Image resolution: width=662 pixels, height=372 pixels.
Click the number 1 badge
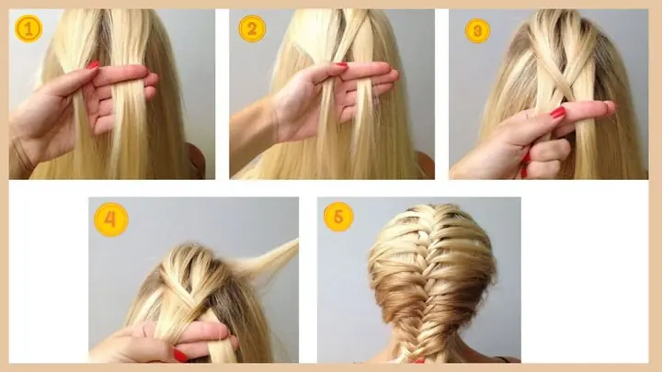point(29,28)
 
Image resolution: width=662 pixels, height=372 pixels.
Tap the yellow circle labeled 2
point(252,28)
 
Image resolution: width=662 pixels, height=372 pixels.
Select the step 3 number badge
point(477,30)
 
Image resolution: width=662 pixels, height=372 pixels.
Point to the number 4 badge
point(110,220)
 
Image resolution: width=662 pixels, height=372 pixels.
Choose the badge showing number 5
point(338,217)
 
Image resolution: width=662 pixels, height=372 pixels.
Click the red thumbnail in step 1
point(93,64)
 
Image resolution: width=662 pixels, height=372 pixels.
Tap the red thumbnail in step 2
point(341,65)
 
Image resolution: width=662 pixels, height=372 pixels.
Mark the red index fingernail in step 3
point(558,112)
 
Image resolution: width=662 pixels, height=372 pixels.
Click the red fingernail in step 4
point(180,355)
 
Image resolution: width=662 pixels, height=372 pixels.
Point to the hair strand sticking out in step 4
point(270,258)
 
